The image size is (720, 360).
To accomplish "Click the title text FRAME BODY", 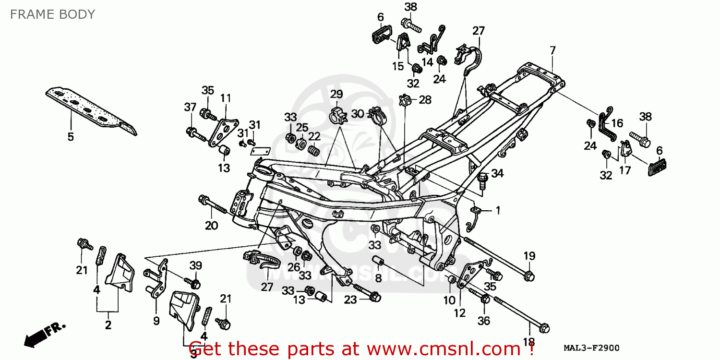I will (x=52, y=14).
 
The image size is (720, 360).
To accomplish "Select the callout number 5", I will (x=71, y=137).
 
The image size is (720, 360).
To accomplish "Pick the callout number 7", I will (x=552, y=50).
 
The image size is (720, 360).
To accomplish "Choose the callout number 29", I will (x=336, y=94).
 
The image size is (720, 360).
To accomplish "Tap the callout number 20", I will (x=211, y=225).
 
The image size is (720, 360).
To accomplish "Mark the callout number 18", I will (x=528, y=342).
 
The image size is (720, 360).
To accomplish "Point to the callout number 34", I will (x=497, y=173).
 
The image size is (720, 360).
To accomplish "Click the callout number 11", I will (x=226, y=98).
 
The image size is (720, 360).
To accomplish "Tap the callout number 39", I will (x=195, y=265).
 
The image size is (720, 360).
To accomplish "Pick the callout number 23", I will (x=350, y=300).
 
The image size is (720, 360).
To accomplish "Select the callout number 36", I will (x=484, y=320).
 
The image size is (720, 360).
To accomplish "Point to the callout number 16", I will (x=617, y=123).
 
